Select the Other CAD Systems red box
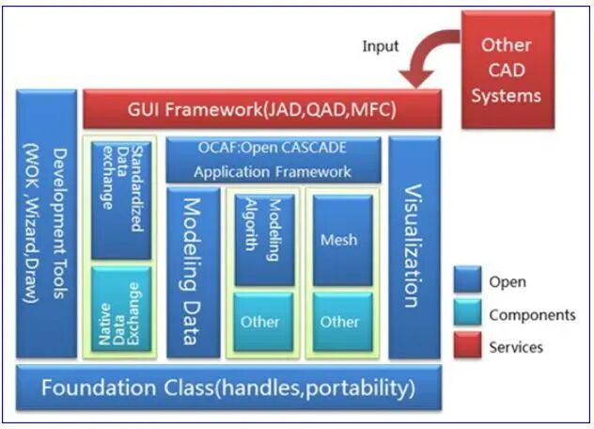[x=506, y=70]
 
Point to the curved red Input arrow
[x=426, y=58]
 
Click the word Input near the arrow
[x=381, y=46]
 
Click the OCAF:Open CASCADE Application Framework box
[x=273, y=160]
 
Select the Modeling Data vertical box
[x=193, y=272]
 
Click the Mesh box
[x=338, y=239]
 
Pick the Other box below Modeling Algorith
[x=259, y=322]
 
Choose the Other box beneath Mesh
[x=338, y=322]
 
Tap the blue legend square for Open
[x=467, y=281]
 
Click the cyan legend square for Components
[x=467, y=314]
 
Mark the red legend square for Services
[x=467, y=347]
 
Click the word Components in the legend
[x=532, y=315]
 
